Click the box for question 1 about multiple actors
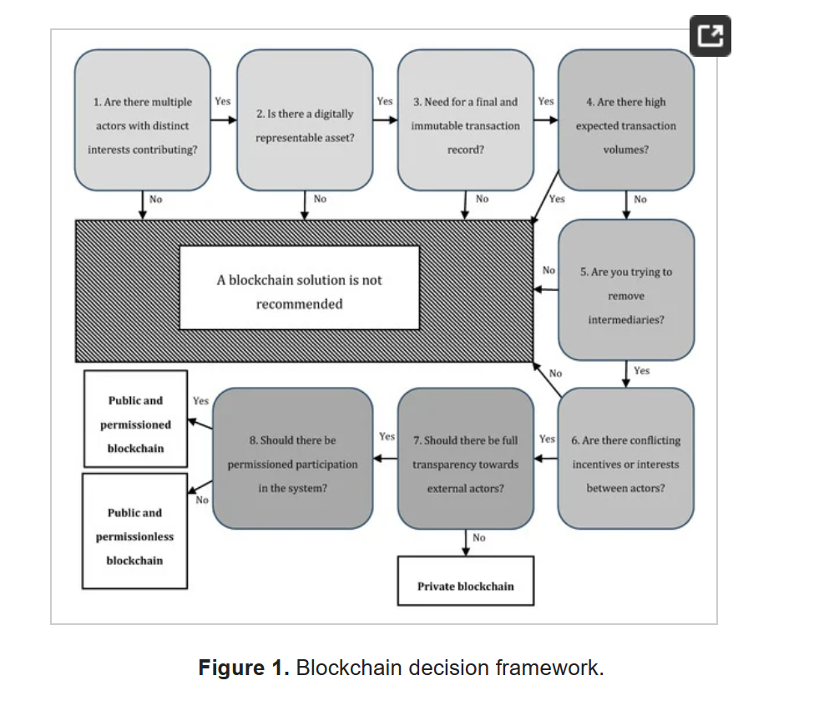(x=142, y=120)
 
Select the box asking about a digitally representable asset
(x=305, y=120)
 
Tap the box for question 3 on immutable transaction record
(x=465, y=120)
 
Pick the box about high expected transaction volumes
(x=625, y=120)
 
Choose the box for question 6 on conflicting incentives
(x=625, y=459)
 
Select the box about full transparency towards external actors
(x=465, y=459)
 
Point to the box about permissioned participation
(x=292, y=459)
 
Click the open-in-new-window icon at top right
(x=710, y=36)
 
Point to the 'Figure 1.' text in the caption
(x=243, y=668)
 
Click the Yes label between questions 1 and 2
(x=223, y=101)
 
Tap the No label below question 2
(x=320, y=199)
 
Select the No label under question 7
(x=478, y=537)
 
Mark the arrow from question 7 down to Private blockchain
(x=465, y=543)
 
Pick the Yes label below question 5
(x=641, y=370)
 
